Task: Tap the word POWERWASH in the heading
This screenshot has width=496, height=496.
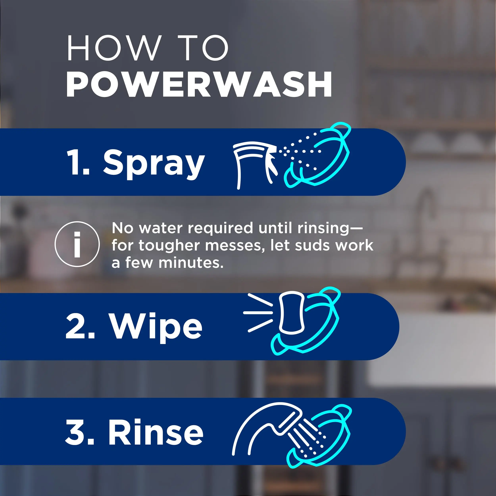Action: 199,85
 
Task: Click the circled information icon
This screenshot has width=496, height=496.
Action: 77,244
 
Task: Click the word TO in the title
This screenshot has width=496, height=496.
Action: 203,48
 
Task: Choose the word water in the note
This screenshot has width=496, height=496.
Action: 161,228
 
